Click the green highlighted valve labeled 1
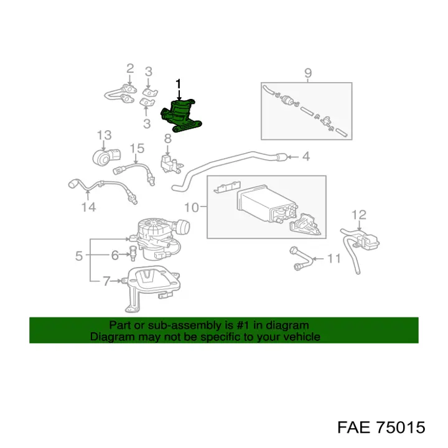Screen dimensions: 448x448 [182, 116]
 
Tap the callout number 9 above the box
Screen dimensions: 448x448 [308, 73]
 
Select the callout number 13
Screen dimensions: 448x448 [104, 135]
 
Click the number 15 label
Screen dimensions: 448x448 [137, 148]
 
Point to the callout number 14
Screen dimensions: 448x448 [88, 207]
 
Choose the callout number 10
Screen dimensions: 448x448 [192, 207]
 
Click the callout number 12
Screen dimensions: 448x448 [358, 215]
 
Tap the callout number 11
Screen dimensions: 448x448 [334, 259]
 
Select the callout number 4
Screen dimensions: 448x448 [306, 157]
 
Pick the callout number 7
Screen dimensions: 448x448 [106, 281]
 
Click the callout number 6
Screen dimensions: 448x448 [115, 255]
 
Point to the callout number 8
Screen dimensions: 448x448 [168, 138]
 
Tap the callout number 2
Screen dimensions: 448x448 [130, 68]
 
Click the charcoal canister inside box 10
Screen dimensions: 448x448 [266, 204]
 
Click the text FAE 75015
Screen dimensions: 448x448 [381, 427]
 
